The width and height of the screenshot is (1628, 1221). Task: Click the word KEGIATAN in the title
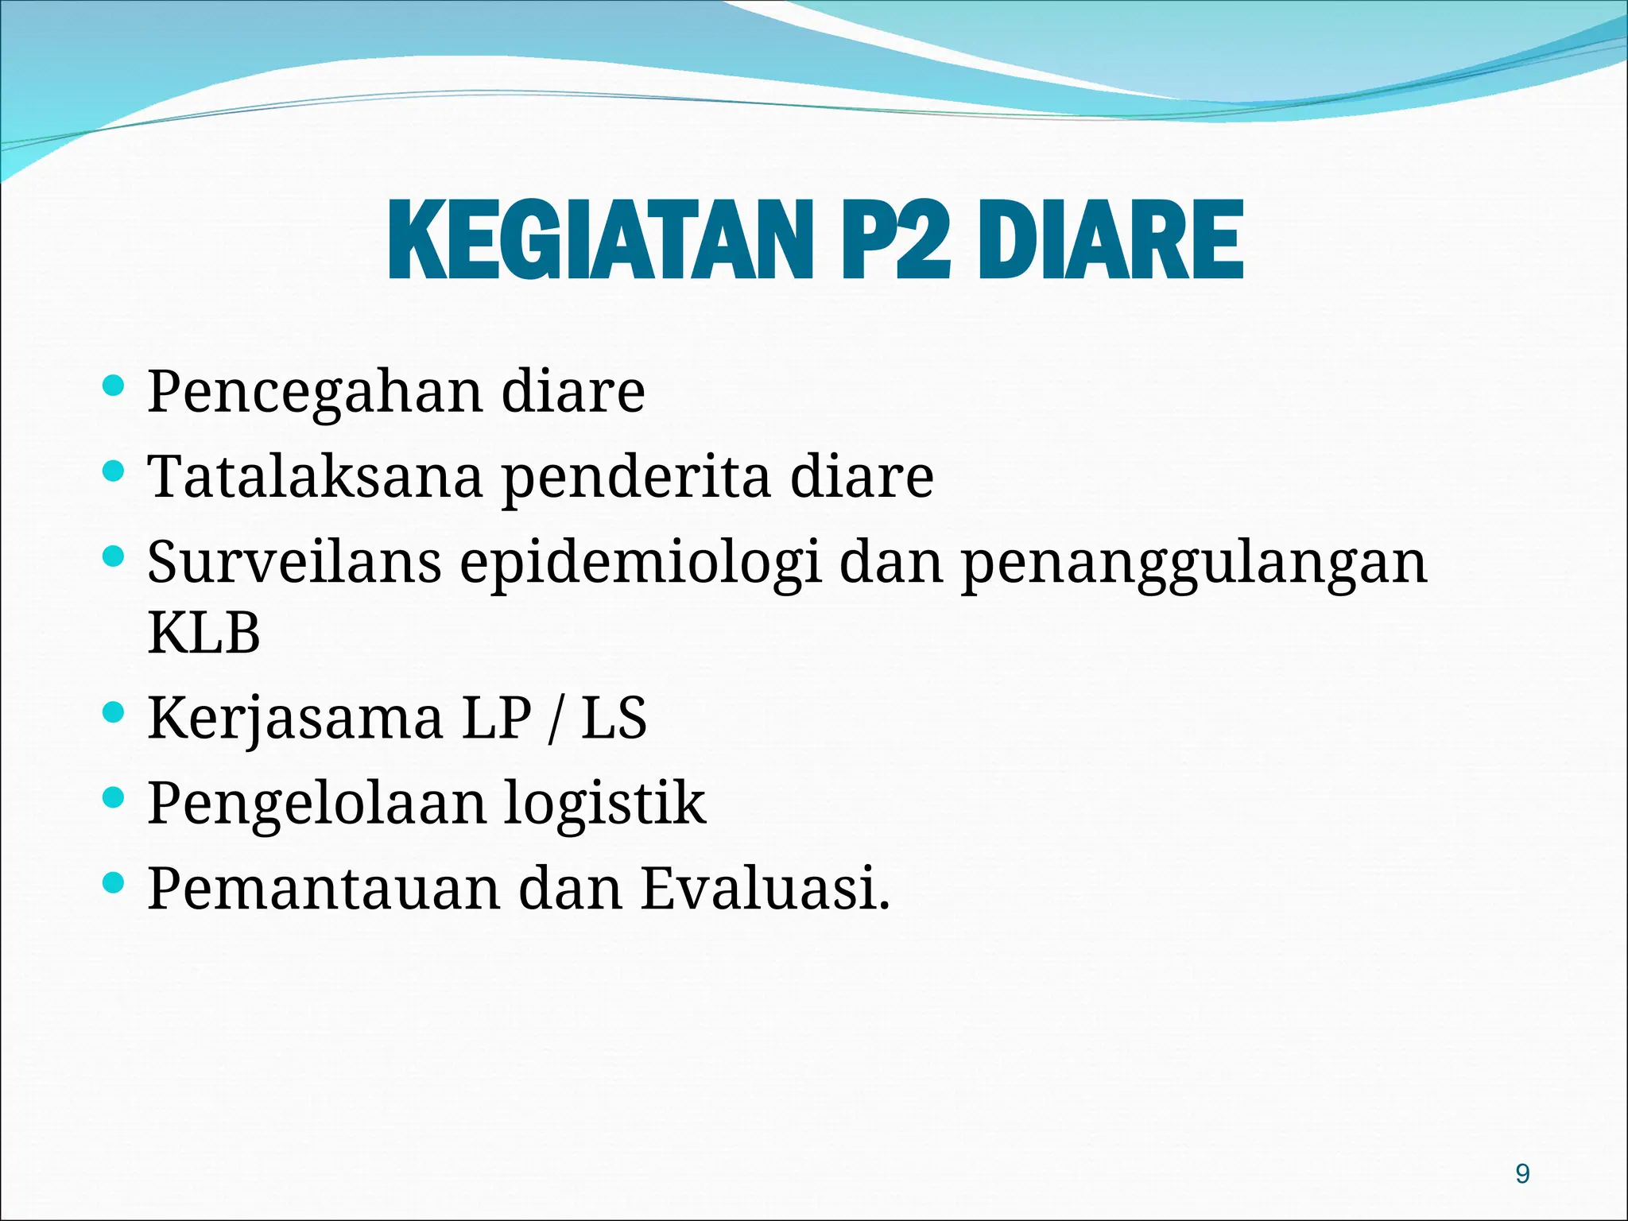[600, 240]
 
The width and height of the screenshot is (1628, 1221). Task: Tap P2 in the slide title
[895, 240]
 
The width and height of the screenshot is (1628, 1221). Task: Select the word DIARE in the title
[1111, 240]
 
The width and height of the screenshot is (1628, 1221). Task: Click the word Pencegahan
[315, 392]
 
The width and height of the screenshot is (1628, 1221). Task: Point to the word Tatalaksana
[315, 477]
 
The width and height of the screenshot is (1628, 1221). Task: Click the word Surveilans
[294, 562]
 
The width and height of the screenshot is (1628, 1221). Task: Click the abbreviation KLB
[204, 634]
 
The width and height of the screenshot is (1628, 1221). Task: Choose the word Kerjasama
[295, 719]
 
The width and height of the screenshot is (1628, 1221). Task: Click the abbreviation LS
[614, 718]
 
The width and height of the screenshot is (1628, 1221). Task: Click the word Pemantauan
[324, 888]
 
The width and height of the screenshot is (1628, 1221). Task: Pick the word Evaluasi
[765, 888]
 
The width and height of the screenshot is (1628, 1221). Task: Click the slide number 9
[1522, 1174]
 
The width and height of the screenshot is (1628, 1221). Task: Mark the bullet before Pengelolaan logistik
[114, 797]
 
